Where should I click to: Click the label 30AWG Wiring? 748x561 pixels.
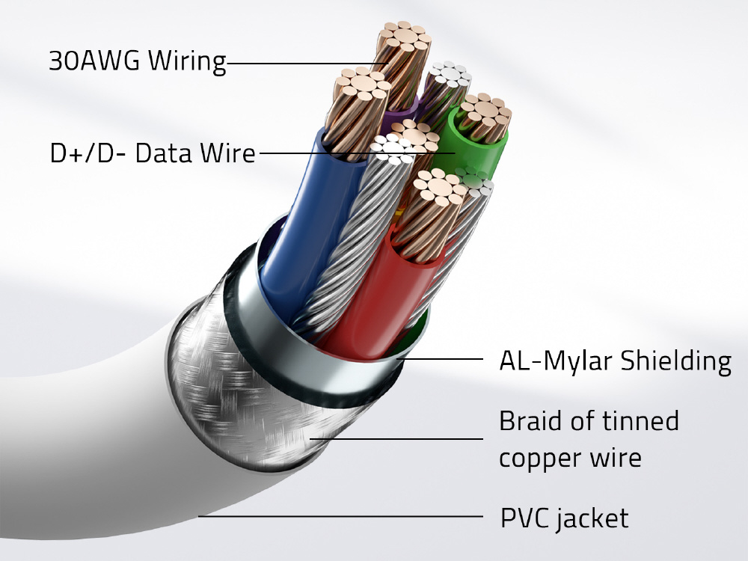click(x=137, y=61)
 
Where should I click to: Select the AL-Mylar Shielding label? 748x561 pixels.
click(x=615, y=361)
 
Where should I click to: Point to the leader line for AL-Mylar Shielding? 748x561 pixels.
click(x=441, y=360)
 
